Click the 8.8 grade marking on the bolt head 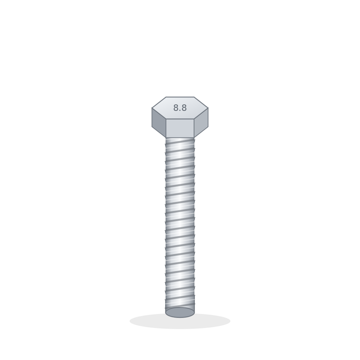(x=180, y=108)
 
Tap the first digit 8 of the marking (x=176, y=108)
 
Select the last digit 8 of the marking (x=184, y=108)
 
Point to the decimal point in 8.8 (x=180, y=111)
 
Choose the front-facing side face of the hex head (x=180, y=128)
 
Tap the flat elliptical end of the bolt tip (x=180, y=312)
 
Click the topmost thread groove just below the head (x=180, y=141)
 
